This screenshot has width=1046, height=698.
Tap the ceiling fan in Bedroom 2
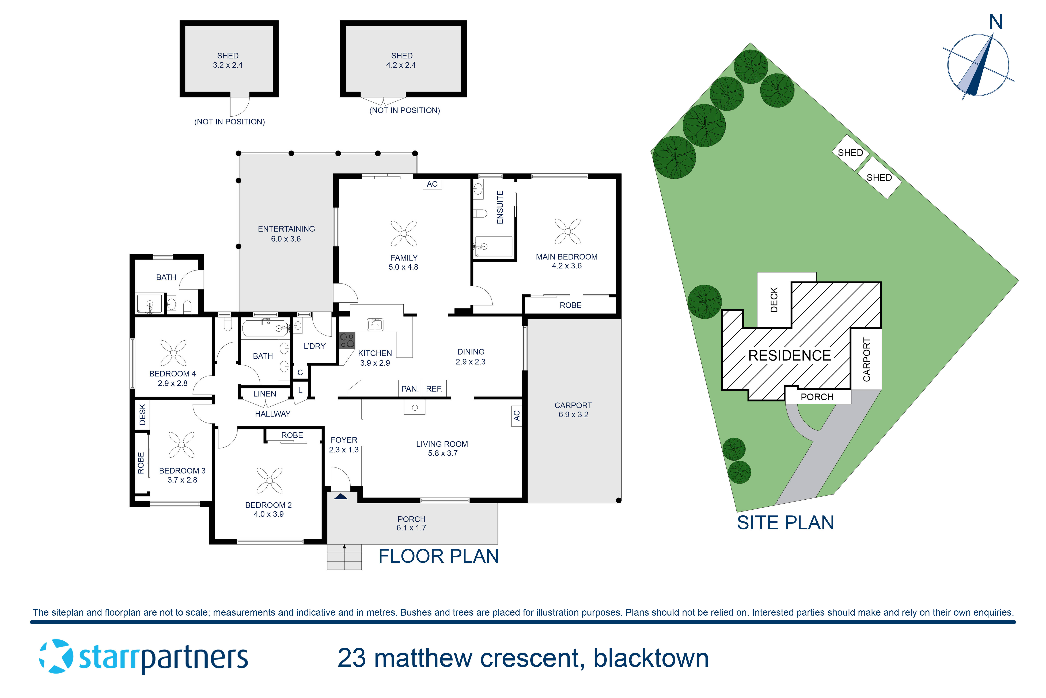click(x=270, y=481)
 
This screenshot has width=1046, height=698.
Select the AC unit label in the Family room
click(x=432, y=184)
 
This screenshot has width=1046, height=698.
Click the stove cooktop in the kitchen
click(x=347, y=341)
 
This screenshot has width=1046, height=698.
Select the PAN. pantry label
click(x=410, y=389)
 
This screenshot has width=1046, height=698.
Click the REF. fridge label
click(x=434, y=389)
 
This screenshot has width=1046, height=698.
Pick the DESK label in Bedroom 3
click(x=142, y=414)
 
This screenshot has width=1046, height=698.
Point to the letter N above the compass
click(x=995, y=22)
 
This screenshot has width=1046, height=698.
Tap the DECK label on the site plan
click(x=774, y=300)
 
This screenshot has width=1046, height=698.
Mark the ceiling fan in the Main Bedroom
click(x=567, y=232)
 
